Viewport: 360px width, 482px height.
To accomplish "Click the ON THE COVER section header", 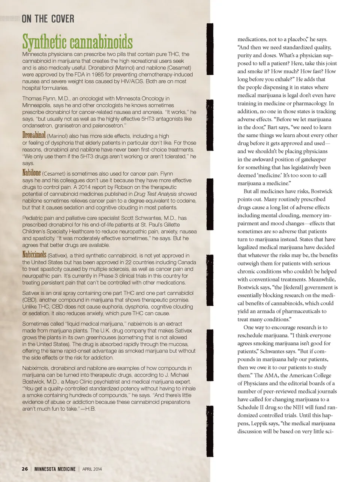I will [48, 18].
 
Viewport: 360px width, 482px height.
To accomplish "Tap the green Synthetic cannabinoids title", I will [77, 41].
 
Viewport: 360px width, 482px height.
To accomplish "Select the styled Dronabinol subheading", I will [34, 135].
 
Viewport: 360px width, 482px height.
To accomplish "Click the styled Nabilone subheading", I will [31, 173].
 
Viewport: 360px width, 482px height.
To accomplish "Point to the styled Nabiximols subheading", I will [34, 255].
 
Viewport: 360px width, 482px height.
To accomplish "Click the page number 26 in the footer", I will [25, 469].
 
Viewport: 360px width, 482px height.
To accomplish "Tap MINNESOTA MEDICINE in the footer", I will [55, 469].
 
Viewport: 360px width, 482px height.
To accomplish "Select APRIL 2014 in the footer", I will [92, 469].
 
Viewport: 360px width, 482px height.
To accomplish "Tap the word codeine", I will [187, 201].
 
